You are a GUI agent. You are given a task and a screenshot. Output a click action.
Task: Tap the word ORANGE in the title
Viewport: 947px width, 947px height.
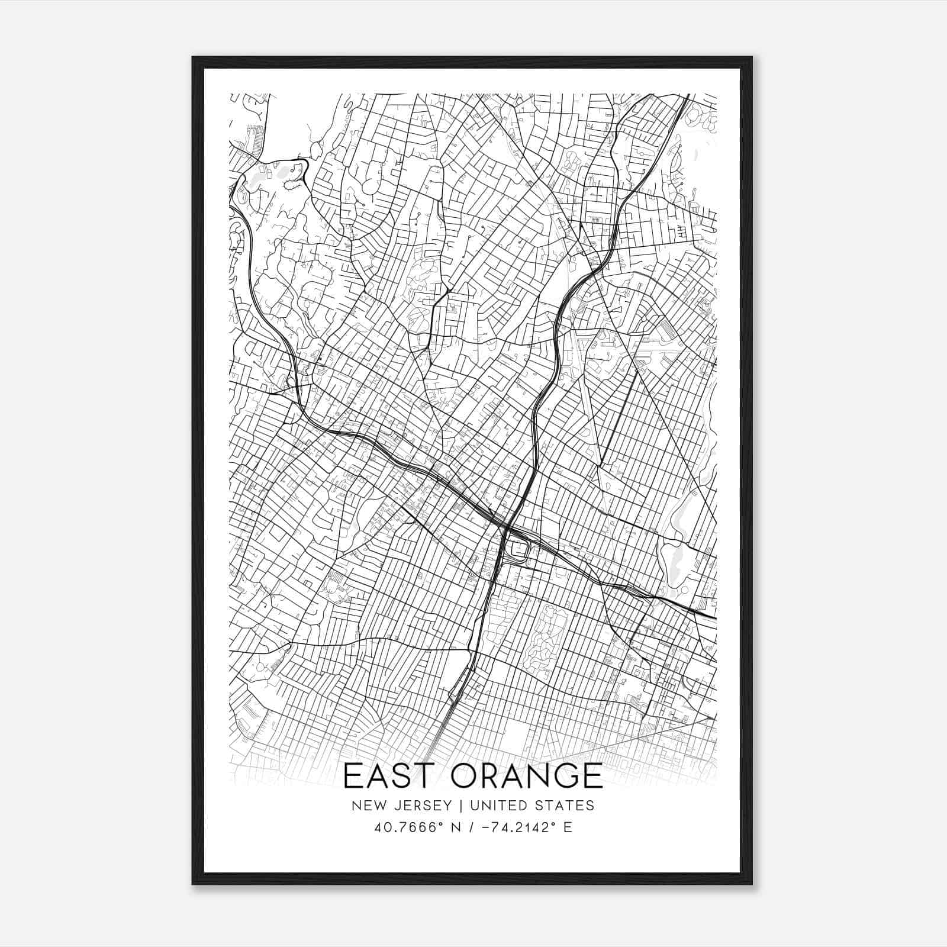click(x=527, y=776)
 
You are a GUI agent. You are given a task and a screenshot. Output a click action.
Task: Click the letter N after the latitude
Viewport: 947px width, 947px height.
click(x=455, y=827)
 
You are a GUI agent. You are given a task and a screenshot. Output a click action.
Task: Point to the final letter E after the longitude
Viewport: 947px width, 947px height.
click(x=568, y=827)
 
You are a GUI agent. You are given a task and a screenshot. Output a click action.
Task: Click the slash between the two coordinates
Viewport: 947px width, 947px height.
click(x=472, y=827)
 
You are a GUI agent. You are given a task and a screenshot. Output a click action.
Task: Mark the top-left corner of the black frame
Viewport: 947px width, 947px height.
click(x=194, y=58)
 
